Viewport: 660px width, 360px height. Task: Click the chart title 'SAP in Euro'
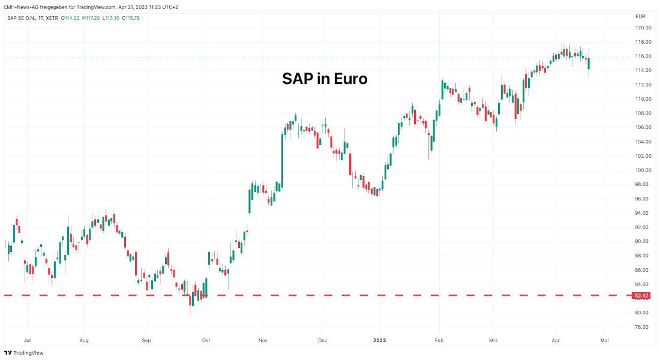coord(325,79)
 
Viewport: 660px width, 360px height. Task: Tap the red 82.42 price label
coord(641,295)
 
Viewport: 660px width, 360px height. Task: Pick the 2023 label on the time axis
coord(379,340)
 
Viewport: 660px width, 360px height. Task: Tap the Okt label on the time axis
coord(206,340)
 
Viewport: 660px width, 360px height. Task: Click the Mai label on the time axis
coord(604,340)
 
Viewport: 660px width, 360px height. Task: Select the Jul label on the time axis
coord(26,340)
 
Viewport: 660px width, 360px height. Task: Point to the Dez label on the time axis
coord(323,340)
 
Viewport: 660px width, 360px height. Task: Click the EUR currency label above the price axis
coord(640,16)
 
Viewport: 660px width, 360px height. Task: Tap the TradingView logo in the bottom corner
coord(24,353)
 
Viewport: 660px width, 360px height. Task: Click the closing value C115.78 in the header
coord(131,18)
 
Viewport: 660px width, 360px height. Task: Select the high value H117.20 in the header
coord(89,18)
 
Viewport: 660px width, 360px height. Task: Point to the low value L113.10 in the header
coord(110,18)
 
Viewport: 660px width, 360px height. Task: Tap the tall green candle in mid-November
coord(282,159)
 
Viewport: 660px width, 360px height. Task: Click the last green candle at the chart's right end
coord(589,63)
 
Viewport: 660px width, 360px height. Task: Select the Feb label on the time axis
coord(439,340)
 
